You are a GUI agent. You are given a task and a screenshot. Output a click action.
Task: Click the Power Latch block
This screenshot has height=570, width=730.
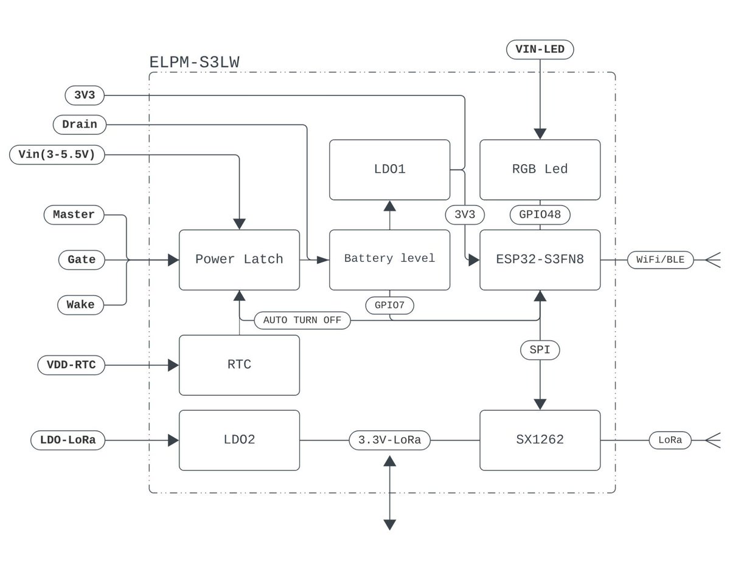tap(239, 259)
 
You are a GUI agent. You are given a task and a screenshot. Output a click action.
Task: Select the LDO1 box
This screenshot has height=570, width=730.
tap(389, 170)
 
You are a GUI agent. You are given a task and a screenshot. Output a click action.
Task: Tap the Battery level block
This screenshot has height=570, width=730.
tap(389, 259)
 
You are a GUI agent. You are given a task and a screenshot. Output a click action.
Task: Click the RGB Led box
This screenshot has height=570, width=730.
tap(540, 170)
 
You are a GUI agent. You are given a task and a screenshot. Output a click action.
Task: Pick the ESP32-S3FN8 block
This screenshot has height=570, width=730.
tap(540, 259)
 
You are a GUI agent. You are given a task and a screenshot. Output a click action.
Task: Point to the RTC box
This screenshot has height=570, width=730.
tap(239, 365)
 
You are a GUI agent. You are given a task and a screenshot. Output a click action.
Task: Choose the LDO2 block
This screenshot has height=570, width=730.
tap(239, 440)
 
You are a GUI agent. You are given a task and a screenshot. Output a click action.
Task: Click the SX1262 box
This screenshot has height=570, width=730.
tap(540, 440)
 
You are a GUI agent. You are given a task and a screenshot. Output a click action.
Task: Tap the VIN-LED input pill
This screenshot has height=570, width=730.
tap(540, 50)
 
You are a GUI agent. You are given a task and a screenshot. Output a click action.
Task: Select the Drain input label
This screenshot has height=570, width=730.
tap(80, 125)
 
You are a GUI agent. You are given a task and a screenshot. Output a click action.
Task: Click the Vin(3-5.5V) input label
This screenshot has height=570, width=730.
tap(57, 154)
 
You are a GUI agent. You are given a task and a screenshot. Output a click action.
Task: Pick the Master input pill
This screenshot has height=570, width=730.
tap(74, 215)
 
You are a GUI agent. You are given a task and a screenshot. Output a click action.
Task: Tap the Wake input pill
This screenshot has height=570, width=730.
tap(81, 304)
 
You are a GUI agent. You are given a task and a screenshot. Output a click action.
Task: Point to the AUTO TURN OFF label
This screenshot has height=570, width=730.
tap(302, 320)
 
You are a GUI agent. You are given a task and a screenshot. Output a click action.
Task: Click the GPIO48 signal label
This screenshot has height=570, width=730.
tap(540, 215)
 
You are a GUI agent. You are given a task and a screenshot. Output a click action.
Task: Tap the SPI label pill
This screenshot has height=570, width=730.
tap(540, 350)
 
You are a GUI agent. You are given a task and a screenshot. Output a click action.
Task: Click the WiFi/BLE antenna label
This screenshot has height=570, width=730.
tap(660, 260)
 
